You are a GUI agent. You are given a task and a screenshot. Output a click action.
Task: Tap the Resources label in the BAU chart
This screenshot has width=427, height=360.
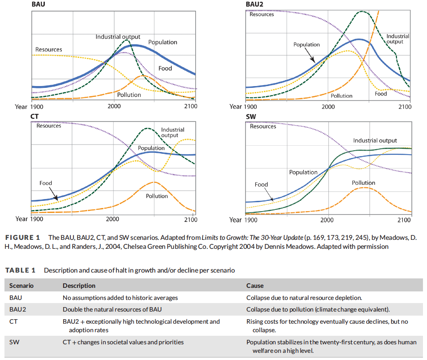[49, 49]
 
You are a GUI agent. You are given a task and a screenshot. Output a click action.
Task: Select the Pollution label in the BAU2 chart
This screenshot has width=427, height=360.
[341, 95]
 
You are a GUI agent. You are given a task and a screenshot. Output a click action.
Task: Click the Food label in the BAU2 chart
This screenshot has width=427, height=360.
[381, 94]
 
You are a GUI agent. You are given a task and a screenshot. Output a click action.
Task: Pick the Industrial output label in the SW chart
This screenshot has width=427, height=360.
[375, 140]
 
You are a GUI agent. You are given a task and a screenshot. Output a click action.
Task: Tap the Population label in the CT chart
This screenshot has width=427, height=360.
[151, 148]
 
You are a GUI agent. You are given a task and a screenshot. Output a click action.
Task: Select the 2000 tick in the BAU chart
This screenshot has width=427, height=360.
[114, 106]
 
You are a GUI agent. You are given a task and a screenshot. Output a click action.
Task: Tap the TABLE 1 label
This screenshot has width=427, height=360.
[20, 270]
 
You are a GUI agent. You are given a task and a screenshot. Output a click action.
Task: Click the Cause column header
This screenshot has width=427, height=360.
[255, 286]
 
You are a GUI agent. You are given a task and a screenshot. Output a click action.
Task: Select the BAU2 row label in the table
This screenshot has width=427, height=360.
[18, 309]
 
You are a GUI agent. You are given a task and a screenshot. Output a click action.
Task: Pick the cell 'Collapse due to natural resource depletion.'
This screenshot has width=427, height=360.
[304, 298]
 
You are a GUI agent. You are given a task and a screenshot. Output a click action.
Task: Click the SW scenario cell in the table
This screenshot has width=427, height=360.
[13, 342]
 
